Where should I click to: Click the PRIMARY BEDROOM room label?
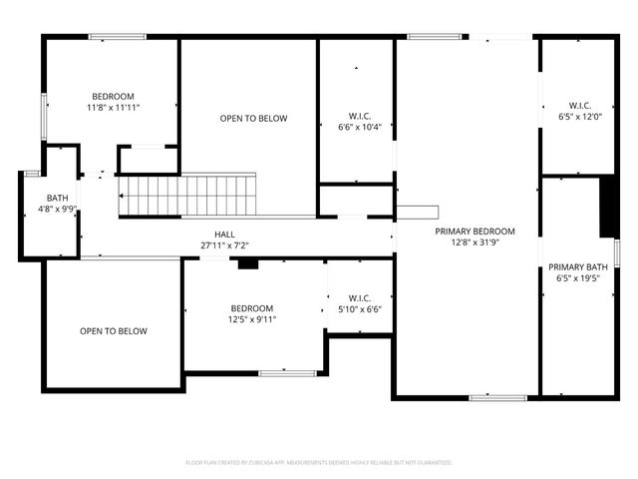click(468, 230)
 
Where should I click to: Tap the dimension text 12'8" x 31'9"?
click(468, 241)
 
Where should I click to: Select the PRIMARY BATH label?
click(578, 266)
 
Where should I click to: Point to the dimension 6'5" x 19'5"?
click(578, 278)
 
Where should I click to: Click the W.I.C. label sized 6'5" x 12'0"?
click(579, 105)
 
